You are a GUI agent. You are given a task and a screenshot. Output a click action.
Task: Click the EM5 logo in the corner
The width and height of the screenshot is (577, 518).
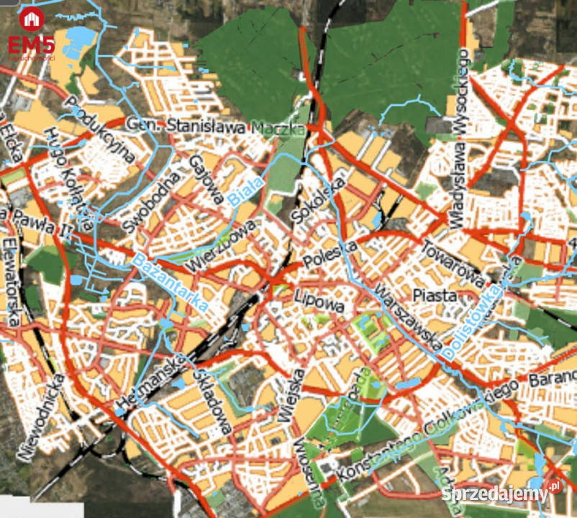pos(31,32)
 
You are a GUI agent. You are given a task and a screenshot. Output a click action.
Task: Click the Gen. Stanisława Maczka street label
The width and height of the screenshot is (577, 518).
pos(215,127)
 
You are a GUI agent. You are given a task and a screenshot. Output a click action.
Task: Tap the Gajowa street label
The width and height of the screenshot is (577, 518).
pos(203,179)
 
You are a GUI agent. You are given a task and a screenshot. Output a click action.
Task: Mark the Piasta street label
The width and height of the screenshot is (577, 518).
pos(435,295)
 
